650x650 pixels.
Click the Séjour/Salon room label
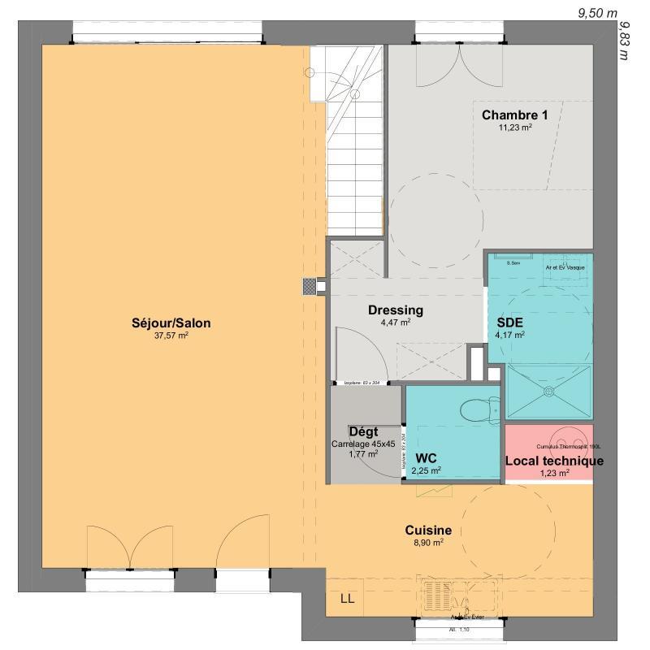(x=171, y=323)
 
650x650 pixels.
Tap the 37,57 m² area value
(x=171, y=335)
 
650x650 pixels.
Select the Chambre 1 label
(x=514, y=115)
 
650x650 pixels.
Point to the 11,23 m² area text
(x=514, y=127)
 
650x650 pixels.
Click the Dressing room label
(x=396, y=310)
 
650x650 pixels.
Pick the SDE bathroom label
(x=510, y=321)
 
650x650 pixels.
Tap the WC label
(x=427, y=457)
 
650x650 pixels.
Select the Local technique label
(x=554, y=461)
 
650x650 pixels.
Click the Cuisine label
(x=428, y=531)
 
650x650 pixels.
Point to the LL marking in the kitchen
(x=347, y=600)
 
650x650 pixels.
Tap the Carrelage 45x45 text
(x=363, y=444)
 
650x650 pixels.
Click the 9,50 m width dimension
(x=598, y=13)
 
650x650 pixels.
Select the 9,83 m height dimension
(x=625, y=41)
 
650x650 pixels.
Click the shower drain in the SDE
(x=548, y=392)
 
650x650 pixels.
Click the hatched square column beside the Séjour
(x=309, y=285)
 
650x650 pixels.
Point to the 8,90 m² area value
(x=428, y=543)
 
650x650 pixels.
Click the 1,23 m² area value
(x=554, y=472)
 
